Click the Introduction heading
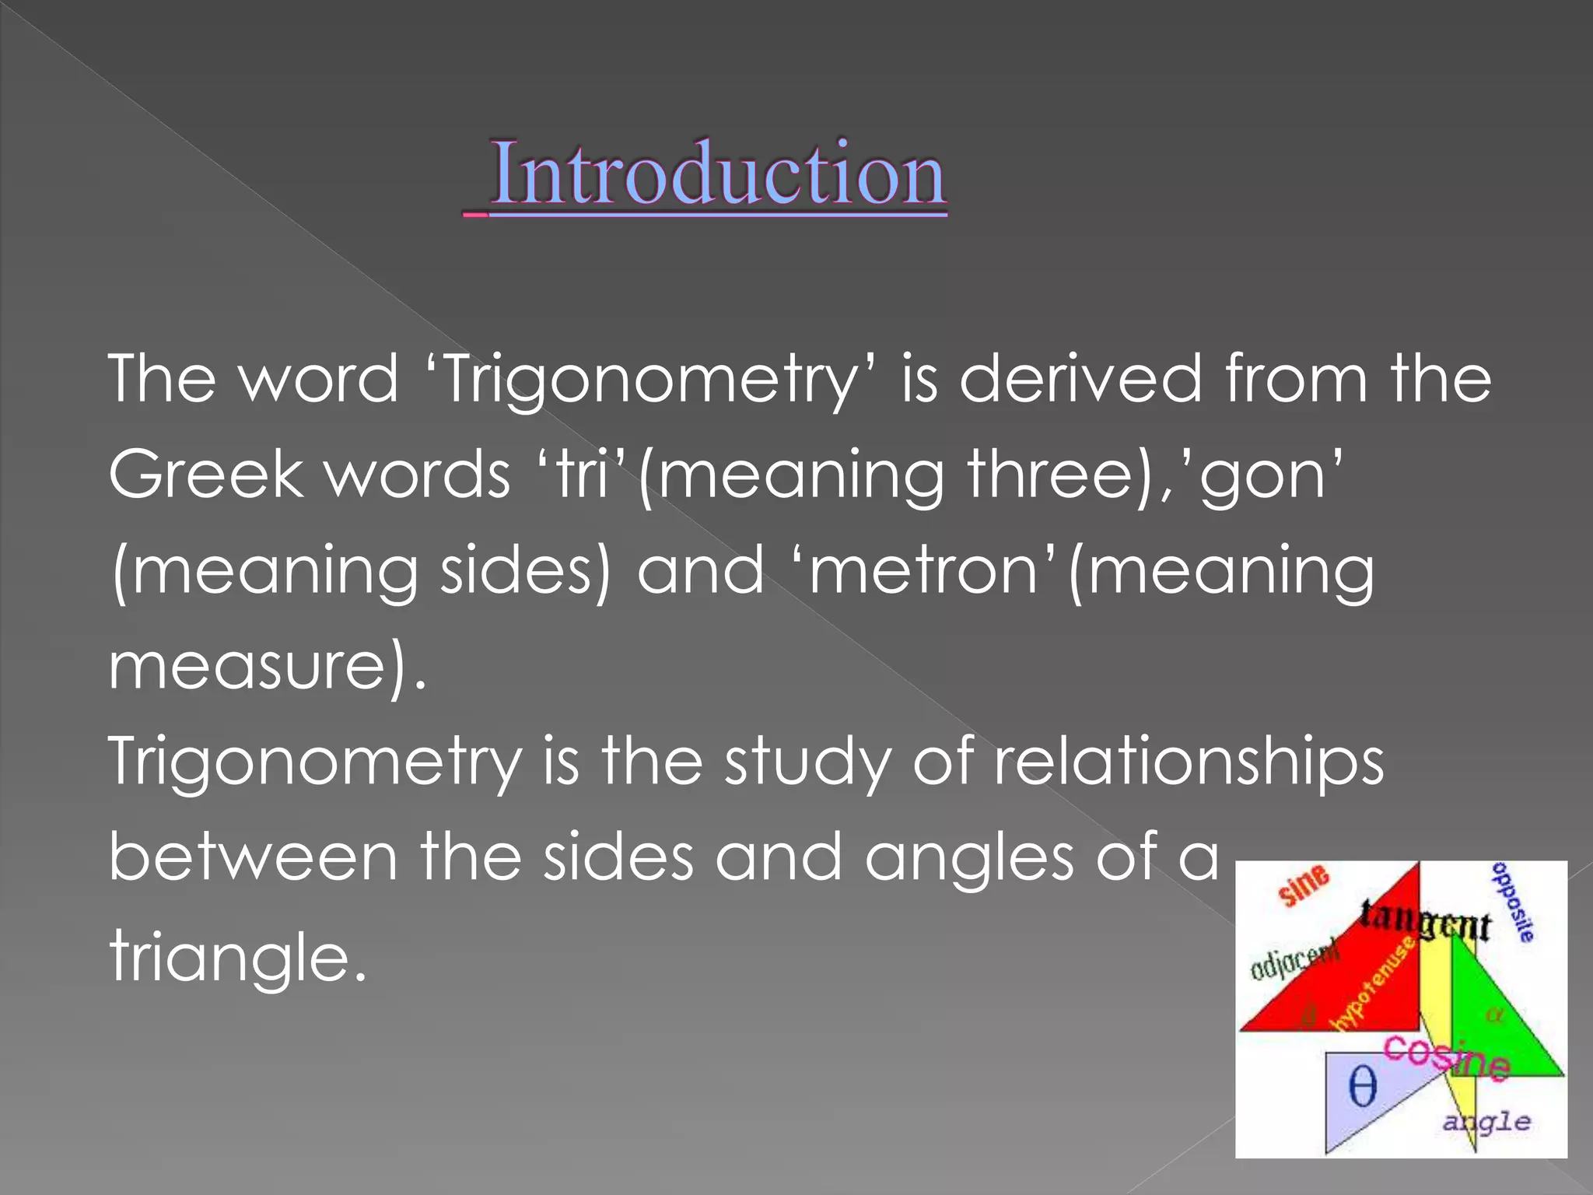click(717, 174)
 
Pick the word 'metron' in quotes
click(923, 571)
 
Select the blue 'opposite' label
click(1514, 903)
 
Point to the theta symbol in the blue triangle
click(1362, 1087)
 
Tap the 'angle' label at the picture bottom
click(1486, 1123)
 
